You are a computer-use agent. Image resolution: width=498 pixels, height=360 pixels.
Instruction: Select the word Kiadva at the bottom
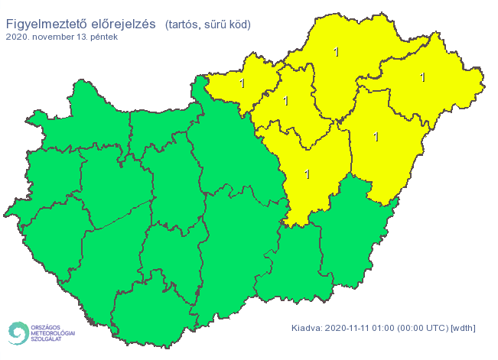pos(307,328)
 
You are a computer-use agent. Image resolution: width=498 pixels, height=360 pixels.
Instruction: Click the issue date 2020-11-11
pos(349,328)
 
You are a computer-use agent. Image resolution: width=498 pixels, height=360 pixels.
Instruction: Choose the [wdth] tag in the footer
pos(464,328)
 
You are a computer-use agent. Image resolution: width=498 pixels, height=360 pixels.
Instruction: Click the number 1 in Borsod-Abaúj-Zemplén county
pos(336,52)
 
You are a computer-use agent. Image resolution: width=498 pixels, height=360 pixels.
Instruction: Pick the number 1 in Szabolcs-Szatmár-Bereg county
pos(422,76)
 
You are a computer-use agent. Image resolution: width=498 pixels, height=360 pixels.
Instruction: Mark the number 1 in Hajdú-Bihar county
pos(376,137)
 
